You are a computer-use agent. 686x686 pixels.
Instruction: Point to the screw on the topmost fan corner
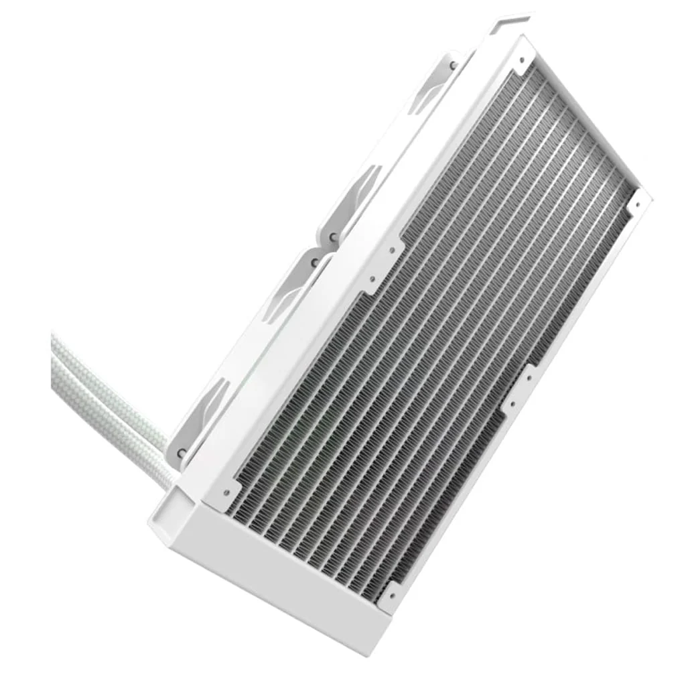[454, 65]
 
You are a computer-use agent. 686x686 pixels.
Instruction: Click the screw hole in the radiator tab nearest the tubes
[226, 492]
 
